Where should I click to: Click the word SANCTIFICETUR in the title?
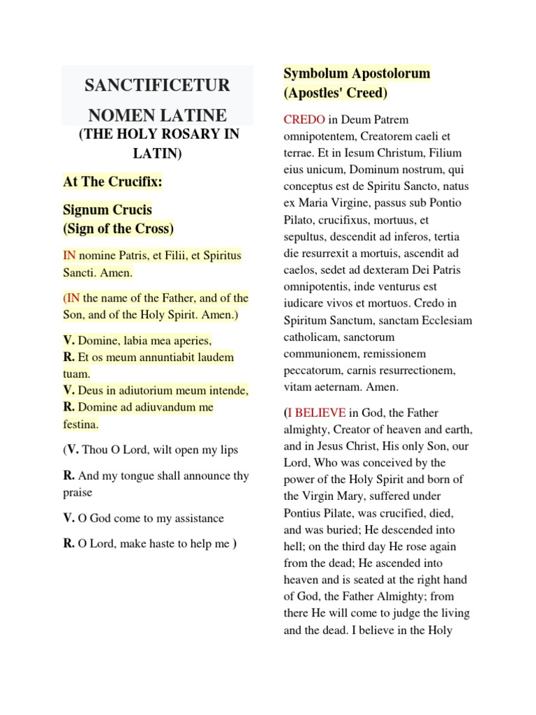pyautogui.click(x=156, y=86)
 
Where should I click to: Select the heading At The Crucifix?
pyautogui.click(x=112, y=182)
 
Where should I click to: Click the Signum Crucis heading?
pyautogui.click(x=107, y=209)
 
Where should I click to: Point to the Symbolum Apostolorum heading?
pyautogui.click(x=356, y=73)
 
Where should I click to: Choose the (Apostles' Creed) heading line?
pyautogui.click(x=335, y=92)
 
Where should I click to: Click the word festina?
pyautogui.click(x=80, y=423)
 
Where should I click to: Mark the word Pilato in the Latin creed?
pyautogui.click(x=299, y=219)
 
